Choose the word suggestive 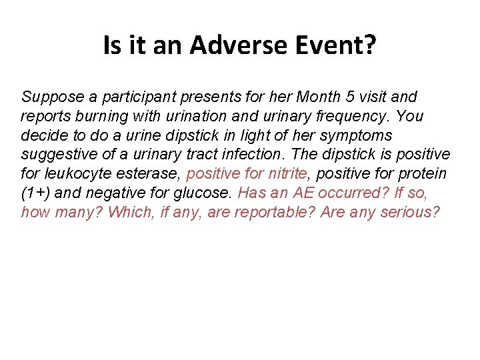[57, 155]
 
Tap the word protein [424, 175]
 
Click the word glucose [200, 194]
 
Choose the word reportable [278, 213]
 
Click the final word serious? [413, 213]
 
